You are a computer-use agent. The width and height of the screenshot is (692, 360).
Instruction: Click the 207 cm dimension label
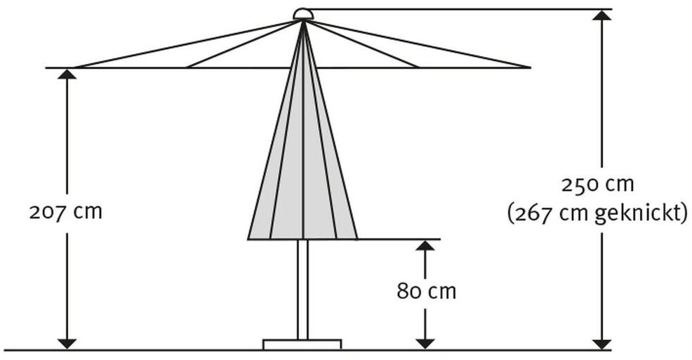tap(65, 211)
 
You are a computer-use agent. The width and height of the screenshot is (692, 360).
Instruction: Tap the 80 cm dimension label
tap(426, 291)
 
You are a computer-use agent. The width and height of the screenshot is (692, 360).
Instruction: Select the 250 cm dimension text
tap(597, 185)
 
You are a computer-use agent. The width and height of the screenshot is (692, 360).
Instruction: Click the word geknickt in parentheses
tap(638, 213)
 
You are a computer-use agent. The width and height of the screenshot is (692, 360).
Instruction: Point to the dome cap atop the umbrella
tap(302, 14)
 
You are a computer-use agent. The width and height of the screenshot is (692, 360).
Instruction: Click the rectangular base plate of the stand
tap(302, 344)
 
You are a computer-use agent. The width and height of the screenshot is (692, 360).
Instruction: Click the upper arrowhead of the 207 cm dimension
tap(67, 74)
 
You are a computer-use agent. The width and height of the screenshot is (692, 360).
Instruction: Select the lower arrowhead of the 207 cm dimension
tap(67, 343)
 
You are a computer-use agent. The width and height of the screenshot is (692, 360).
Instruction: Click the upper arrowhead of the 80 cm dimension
tap(425, 246)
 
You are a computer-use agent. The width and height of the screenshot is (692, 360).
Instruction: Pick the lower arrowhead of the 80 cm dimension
tap(425, 343)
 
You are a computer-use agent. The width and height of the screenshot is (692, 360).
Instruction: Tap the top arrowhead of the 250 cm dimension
tap(601, 15)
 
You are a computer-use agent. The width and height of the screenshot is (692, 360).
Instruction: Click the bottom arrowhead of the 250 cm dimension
tap(601, 343)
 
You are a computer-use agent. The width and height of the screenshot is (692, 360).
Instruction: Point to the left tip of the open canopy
tap(75, 67)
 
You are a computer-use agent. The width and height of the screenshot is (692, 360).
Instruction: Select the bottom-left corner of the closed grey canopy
tap(249, 238)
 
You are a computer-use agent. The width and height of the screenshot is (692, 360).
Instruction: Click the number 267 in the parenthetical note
tap(535, 213)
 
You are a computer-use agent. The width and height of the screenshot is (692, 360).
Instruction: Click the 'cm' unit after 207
tap(88, 211)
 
